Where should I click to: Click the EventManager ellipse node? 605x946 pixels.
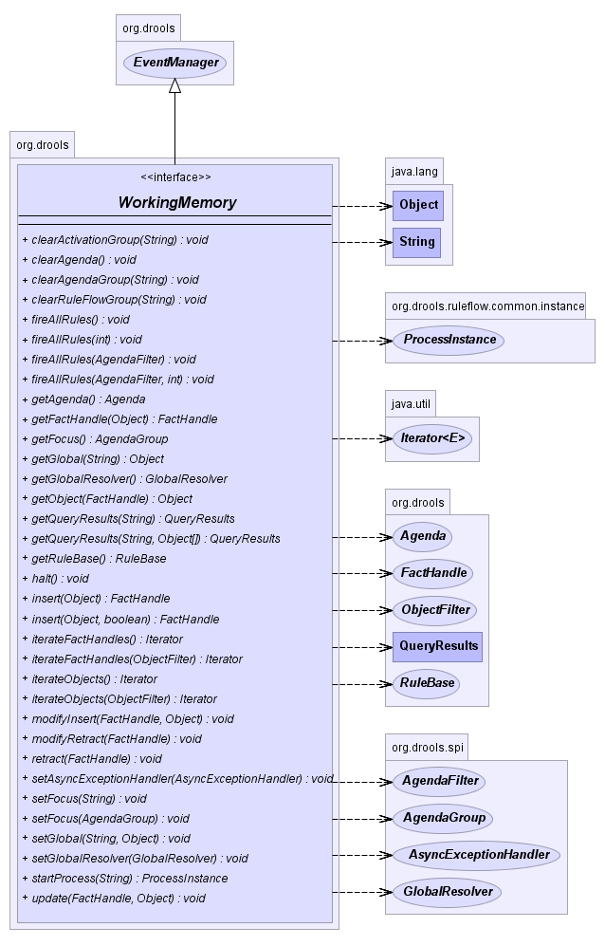click(x=174, y=63)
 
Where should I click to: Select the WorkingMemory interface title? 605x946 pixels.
click(x=176, y=203)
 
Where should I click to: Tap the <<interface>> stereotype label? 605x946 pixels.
click(x=175, y=177)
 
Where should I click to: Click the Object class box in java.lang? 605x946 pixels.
click(x=418, y=205)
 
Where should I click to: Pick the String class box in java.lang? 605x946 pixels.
click(x=417, y=242)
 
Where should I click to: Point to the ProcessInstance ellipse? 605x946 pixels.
click(x=449, y=341)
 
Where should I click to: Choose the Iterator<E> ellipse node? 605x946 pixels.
click(x=432, y=438)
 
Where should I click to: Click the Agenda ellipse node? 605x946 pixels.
click(x=422, y=536)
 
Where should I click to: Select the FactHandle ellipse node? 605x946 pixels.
click(x=433, y=573)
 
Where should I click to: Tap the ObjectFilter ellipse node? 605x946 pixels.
click(x=435, y=610)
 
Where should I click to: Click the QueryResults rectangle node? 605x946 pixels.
click(x=437, y=647)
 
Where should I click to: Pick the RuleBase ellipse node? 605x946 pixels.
click(x=427, y=683)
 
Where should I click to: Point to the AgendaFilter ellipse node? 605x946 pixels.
click(x=439, y=781)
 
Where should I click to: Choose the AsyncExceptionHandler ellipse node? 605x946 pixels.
click(x=477, y=855)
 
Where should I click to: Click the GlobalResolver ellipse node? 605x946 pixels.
click(x=447, y=892)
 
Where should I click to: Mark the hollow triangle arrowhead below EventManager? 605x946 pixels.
click(x=174, y=85)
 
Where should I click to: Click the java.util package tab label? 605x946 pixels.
click(x=411, y=404)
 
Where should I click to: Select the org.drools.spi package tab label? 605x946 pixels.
click(x=427, y=748)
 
